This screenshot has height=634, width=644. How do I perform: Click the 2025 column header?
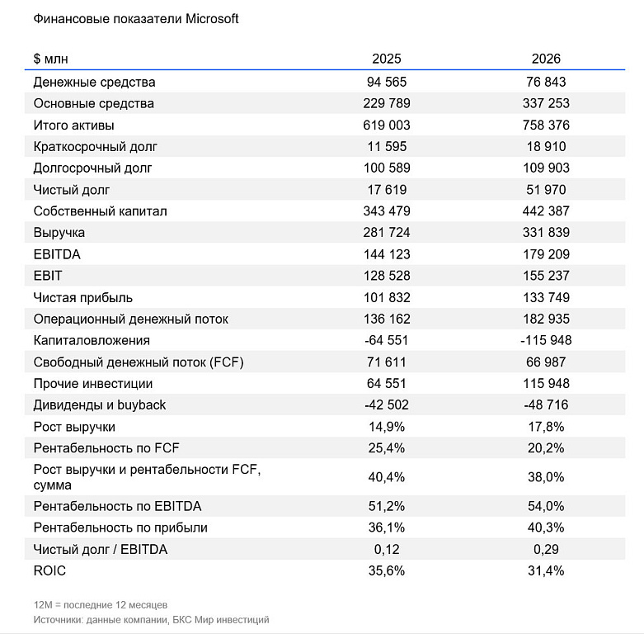click(x=386, y=59)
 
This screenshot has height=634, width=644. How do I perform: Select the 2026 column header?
click(x=546, y=59)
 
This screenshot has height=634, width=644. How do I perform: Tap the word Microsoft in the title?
click(x=212, y=19)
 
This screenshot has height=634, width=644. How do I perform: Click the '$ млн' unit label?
click(x=50, y=59)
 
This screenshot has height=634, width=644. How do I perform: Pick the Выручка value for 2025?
click(x=387, y=232)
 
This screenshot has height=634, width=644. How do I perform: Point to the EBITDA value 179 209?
click(x=546, y=254)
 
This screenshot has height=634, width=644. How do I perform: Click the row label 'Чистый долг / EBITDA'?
click(x=101, y=549)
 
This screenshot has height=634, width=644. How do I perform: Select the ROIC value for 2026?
click(x=546, y=570)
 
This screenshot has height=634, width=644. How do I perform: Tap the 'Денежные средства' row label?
click(x=95, y=83)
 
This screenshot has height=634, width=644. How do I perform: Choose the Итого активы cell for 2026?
click(x=546, y=125)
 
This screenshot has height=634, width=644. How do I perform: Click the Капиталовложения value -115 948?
click(x=546, y=340)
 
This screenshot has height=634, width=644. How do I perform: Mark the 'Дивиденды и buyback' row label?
click(x=100, y=405)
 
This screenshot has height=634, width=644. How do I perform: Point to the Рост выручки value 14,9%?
click(x=387, y=427)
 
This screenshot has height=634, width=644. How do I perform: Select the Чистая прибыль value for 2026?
click(x=546, y=297)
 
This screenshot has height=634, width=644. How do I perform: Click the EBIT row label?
click(x=48, y=276)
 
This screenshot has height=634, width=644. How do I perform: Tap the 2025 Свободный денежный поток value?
click(x=387, y=362)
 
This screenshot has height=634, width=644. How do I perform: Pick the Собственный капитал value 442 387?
click(x=546, y=211)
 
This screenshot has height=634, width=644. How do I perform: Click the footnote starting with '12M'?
click(x=101, y=605)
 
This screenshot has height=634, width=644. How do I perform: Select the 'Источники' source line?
click(x=151, y=620)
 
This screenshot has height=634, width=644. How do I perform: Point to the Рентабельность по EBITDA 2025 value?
click(x=387, y=506)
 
